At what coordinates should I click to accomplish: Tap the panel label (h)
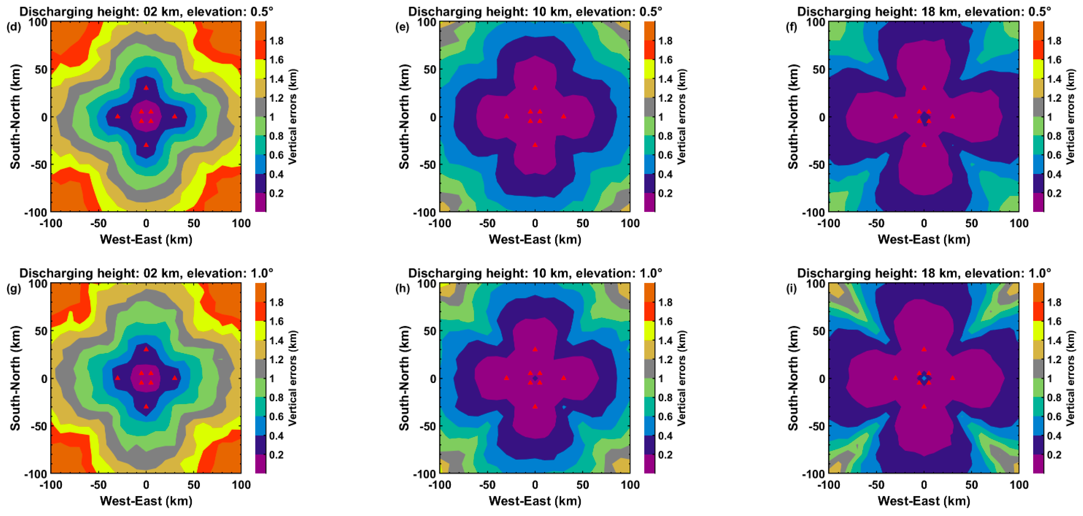tap(402, 289)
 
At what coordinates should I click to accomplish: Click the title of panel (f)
tap(924, 11)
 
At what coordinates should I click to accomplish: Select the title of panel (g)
tap(146, 273)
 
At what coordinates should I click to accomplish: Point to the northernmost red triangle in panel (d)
tap(146, 88)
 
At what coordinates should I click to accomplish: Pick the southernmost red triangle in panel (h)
tap(535, 406)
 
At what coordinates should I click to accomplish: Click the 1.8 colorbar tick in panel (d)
tap(276, 41)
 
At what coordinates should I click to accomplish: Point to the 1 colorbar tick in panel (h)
tap(660, 378)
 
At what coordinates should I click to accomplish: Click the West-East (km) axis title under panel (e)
tap(535, 240)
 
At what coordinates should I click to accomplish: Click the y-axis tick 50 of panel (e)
tap(430, 69)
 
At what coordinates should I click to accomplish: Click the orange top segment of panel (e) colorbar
tap(649, 31)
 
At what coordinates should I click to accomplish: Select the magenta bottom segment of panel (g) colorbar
tap(261, 464)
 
